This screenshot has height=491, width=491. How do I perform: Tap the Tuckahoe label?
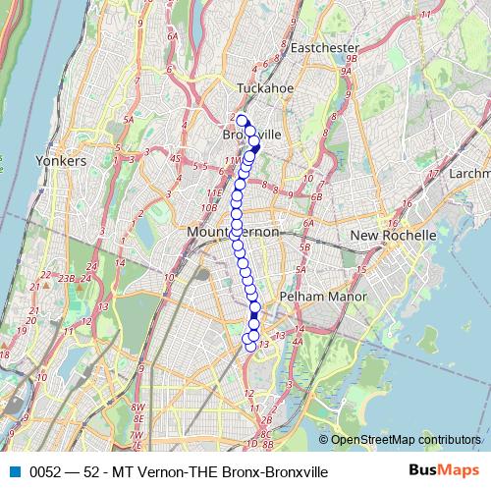click(260, 88)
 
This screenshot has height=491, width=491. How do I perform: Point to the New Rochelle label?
click(393, 237)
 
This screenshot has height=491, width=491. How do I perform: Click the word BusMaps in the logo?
click(446, 471)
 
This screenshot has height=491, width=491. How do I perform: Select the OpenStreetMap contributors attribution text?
click(406, 439)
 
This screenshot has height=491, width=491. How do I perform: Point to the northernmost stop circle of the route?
click(242, 121)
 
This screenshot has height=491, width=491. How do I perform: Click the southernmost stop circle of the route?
click(250, 346)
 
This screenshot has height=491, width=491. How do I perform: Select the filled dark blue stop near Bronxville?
click(255, 148)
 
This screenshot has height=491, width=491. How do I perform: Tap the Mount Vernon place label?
click(233, 232)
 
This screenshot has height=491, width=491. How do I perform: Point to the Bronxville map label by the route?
click(252, 134)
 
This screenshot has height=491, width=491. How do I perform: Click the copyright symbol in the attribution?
click(324, 439)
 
